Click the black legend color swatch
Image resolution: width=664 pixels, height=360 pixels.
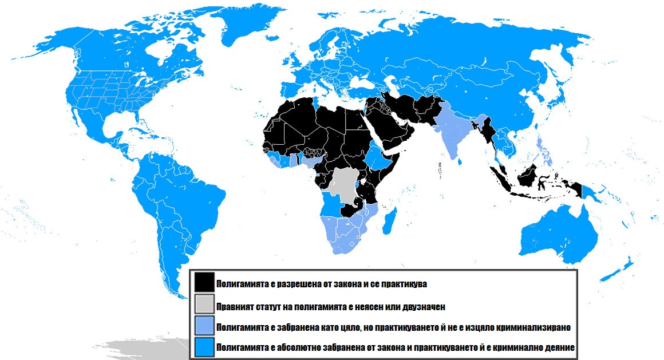coord(204,283)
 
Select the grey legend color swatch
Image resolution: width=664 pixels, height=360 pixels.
coord(204,304)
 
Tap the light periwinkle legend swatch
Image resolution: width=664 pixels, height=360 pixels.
coord(204,326)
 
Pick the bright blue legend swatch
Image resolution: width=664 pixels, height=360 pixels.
coord(204,347)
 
